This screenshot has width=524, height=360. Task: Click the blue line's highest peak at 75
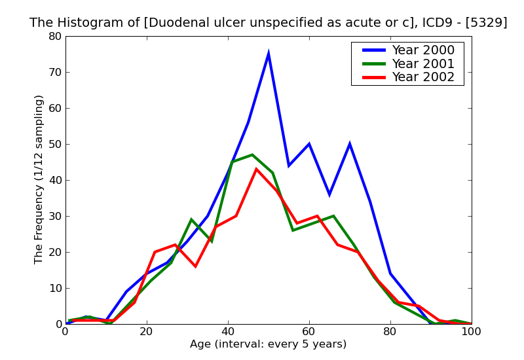pos(269,54)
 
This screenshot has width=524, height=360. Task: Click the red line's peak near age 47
pos(256,170)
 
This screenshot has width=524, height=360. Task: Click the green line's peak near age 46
pos(252,155)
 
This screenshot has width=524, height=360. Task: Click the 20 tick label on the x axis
pos(147,332)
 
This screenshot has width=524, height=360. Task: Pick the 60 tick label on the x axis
pos(309,332)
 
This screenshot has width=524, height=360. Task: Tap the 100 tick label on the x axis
pos(472,332)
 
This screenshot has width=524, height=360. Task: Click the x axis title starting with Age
pos(268,344)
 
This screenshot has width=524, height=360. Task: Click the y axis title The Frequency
pos(39,179)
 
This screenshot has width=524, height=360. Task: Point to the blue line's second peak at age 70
pos(350,144)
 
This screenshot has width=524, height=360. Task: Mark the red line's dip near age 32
pos(195,266)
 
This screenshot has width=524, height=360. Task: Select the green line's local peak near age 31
pos(191,220)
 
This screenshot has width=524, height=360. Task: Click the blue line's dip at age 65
pos(329,194)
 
